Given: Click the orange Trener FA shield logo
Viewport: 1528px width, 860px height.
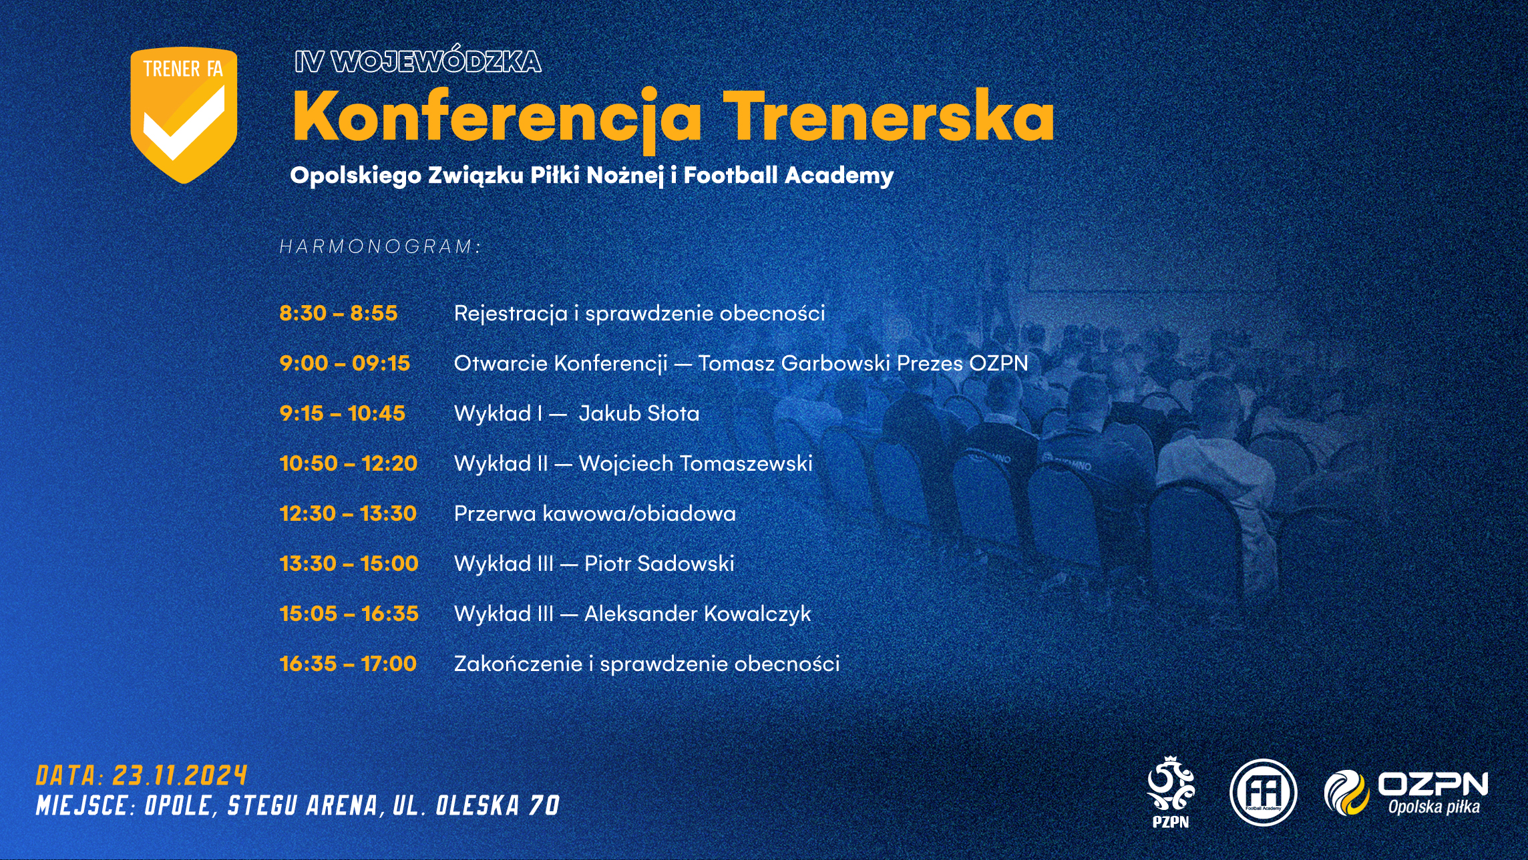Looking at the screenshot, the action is (184, 115).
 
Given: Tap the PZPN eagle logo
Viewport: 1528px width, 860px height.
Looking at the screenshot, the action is (1171, 792).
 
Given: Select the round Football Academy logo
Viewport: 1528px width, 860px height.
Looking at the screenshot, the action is (1263, 793).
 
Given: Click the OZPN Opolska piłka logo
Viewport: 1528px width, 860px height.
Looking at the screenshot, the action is (1406, 793).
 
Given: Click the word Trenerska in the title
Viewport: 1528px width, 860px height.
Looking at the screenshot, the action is (889, 115).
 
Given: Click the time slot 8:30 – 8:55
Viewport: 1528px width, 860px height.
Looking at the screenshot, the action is (339, 313).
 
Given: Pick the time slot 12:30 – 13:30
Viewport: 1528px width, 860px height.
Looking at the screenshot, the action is (348, 513).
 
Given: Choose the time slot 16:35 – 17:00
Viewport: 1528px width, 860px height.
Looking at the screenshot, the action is (348, 664).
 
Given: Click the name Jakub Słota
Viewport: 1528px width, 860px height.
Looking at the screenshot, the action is (639, 413).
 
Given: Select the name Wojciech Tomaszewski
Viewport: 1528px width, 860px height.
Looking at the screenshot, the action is (696, 463).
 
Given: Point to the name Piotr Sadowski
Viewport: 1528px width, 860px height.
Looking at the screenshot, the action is (659, 564).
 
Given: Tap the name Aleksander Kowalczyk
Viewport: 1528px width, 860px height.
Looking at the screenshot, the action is (697, 614).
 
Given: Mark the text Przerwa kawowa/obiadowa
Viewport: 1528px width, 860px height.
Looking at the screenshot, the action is (595, 513).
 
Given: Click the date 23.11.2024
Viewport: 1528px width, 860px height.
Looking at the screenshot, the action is (180, 776).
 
